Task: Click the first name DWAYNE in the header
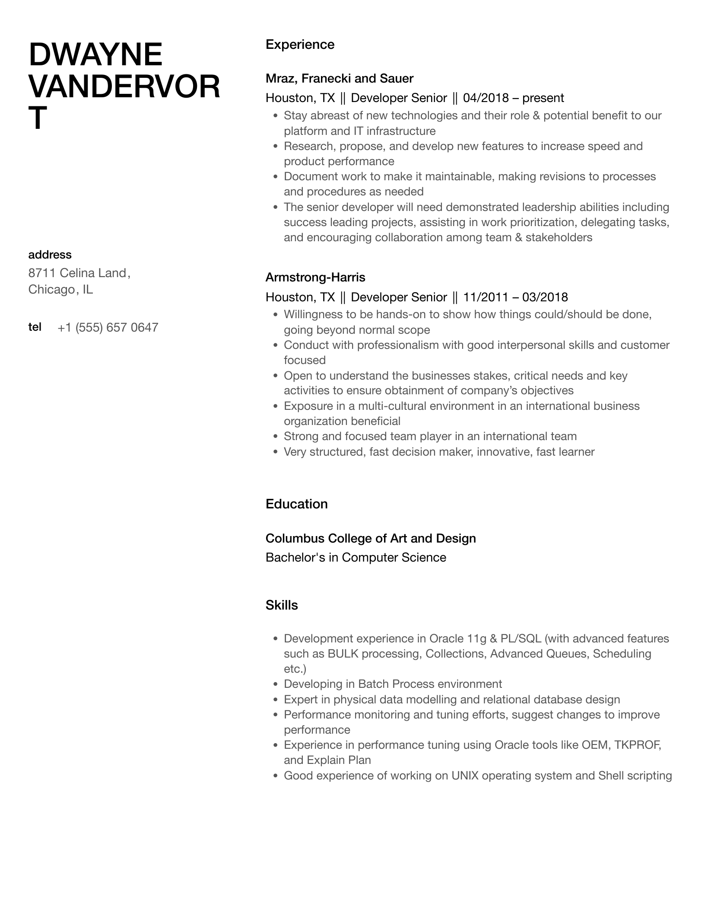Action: (x=95, y=55)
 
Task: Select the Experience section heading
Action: (x=300, y=45)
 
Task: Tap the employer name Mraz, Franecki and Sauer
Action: (x=339, y=78)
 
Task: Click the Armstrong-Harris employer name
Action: (x=315, y=277)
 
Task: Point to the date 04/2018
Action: (x=486, y=98)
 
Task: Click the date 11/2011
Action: (x=486, y=297)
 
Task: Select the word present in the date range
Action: (x=543, y=98)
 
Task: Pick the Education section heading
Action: (x=296, y=504)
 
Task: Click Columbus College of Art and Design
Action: (x=371, y=538)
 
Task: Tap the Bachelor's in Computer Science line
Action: (x=356, y=558)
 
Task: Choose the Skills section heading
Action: (x=282, y=605)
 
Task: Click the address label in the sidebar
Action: (x=50, y=255)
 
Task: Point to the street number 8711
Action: (x=42, y=273)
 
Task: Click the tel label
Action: (x=35, y=327)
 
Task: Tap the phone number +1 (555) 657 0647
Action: (x=108, y=327)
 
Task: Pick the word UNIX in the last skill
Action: (x=465, y=776)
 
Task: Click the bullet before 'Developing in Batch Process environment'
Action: (x=275, y=684)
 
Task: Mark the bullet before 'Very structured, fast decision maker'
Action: (x=275, y=452)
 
